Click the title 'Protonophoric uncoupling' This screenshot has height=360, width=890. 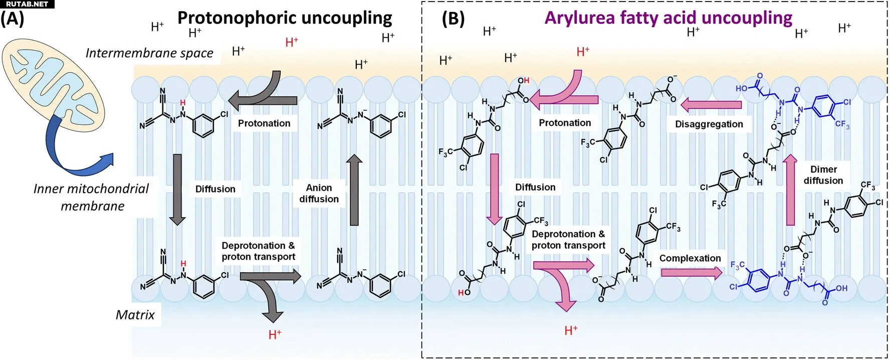tap(285, 18)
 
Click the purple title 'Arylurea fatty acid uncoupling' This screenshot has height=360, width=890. tap(668, 18)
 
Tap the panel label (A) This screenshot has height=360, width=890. tap(12, 19)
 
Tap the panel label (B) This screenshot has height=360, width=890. tap(453, 19)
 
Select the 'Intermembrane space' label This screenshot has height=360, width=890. tap(149, 53)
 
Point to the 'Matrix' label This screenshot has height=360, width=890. tap(135, 315)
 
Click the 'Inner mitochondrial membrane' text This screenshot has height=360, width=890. tap(91, 197)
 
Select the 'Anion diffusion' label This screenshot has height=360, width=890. tap(319, 194)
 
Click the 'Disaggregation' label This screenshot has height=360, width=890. tap(709, 124)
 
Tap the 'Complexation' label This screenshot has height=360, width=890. tap(690, 258)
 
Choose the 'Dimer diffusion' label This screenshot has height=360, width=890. tap(823, 175)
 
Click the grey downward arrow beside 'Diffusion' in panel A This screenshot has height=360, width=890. tap(177, 190)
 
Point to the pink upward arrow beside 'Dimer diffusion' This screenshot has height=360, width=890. tap(790, 190)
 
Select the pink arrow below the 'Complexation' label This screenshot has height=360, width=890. tap(692, 273)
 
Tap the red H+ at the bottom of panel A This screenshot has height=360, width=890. tap(275, 334)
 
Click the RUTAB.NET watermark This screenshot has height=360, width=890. tap(27, 4)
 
